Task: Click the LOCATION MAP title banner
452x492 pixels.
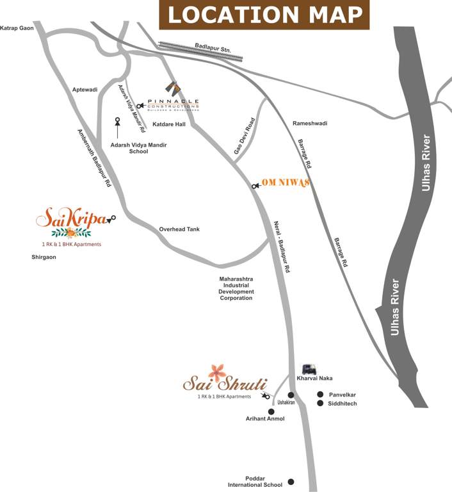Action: point(264,15)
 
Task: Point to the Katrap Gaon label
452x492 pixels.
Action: point(16,28)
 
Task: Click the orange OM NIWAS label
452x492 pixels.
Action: point(286,183)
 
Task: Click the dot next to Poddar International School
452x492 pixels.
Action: point(291,481)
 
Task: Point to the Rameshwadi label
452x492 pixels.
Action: point(309,123)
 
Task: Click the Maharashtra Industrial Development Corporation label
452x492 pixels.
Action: point(236,288)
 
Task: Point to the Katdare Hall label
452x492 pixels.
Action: point(169,124)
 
